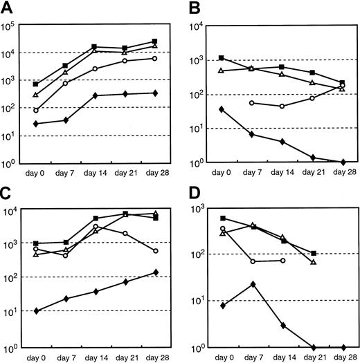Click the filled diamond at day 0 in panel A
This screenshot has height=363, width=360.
click(x=35, y=124)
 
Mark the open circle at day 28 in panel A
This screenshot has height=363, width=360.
click(x=154, y=58)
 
